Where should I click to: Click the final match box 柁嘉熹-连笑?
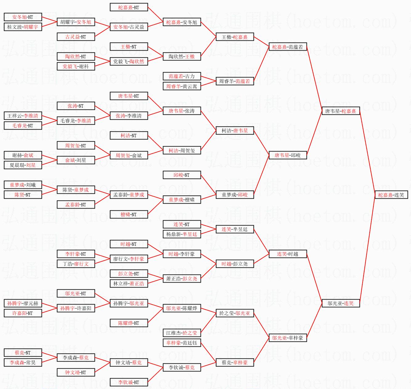point(391,195)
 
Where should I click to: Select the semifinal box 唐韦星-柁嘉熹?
point(340,111)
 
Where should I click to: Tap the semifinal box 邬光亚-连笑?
point(340,304)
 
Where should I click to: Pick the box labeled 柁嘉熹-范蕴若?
point(287,47)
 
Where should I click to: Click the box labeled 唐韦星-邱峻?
point(287,155)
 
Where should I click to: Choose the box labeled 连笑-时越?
point(287,254)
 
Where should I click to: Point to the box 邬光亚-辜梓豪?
point(287,338)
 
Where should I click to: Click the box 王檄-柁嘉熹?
point(234,37)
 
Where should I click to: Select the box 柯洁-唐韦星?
point(234,131)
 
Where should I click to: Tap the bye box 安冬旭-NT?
point(22,17)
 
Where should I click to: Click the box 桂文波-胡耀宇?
point(22,27)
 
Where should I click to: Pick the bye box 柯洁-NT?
point(128,136)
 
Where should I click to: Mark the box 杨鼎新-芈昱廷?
point(181,234)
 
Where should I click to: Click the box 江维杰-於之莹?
point(181,333)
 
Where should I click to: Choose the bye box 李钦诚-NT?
point(128,383)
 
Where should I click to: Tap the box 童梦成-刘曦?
point(22,185)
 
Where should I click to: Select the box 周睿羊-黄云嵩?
point(181,86)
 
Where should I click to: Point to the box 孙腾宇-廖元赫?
point(22,304)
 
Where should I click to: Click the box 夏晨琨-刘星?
point(22,165)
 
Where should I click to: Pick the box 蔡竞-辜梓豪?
point(234,363)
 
